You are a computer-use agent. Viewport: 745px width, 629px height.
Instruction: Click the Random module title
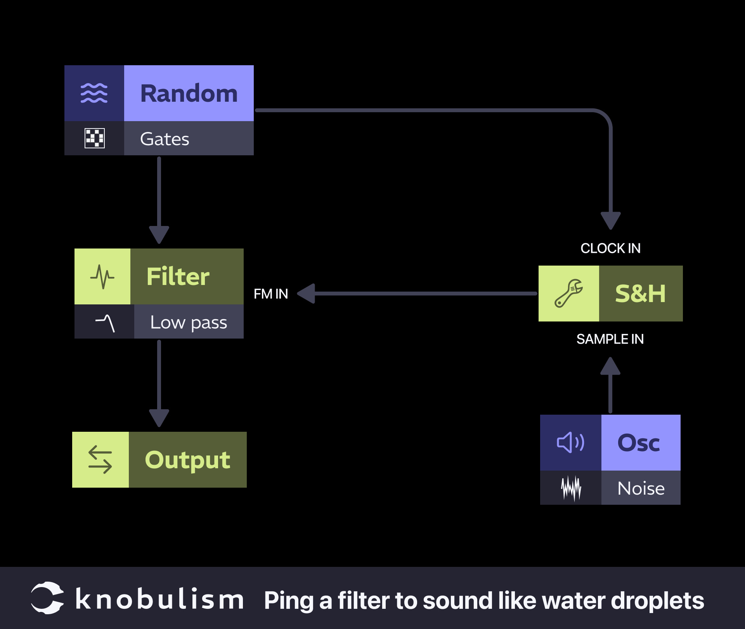click(189, 94)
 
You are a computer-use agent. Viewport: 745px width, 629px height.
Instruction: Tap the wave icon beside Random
click(94, 93)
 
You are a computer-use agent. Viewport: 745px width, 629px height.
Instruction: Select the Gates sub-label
click(165, 139)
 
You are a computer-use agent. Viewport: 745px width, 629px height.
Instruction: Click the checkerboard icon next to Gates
click(94, 138)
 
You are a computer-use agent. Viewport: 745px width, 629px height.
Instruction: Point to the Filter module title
click(178, 276)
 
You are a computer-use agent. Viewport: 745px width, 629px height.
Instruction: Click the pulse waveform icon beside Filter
click(102, 276)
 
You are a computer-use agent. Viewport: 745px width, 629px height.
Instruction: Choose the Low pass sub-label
click(189, 322)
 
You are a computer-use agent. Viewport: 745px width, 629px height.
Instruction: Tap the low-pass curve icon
click(105, 322)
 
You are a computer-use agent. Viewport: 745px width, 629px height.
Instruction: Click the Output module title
click(187, 460)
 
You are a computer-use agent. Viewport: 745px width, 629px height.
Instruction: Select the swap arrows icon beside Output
click(100, 460)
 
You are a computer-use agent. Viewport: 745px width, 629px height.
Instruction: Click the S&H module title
click(640, 294)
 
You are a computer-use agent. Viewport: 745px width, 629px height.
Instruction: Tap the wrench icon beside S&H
click(568, 294)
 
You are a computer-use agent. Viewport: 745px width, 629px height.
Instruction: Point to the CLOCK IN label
click(610, 248)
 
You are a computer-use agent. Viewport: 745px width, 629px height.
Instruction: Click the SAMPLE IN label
click(610, 339)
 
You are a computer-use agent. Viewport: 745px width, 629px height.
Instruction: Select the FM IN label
click(271, 294)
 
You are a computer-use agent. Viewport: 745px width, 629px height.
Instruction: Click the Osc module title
click(639, 443)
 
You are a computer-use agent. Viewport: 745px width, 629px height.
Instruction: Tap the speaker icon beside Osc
click(570, 443)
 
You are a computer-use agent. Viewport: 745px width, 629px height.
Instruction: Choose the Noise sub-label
click(641, 488)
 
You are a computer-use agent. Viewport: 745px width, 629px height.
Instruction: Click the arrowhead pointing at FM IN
click(307, 294)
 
